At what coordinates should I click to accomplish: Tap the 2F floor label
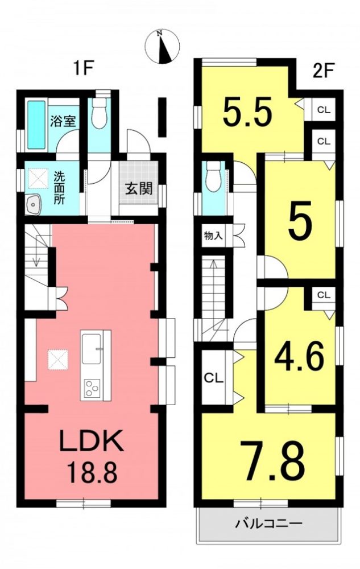point(323,71)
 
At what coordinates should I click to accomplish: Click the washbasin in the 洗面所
point(35,206)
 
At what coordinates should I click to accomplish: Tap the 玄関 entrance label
point(139,189)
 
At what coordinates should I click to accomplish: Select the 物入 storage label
point(213,236)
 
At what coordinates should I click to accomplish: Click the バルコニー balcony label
point(268,523)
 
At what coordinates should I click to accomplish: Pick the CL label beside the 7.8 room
point(213,378)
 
